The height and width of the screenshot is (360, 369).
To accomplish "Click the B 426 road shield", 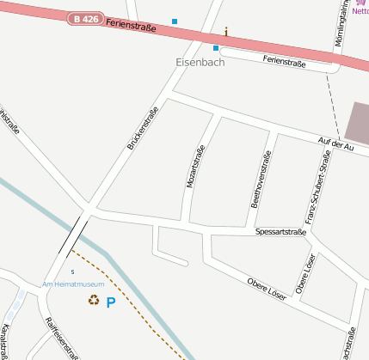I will (84, 18).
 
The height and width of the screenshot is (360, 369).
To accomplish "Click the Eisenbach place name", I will (200, 63).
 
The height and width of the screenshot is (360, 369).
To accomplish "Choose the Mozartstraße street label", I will (196, 168).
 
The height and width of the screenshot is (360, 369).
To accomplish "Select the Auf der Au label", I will (335, 144).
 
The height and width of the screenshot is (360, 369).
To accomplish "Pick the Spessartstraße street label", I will (281, 233).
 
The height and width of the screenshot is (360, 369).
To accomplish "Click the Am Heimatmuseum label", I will (73, 284).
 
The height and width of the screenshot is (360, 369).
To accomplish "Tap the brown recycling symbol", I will (93, 300).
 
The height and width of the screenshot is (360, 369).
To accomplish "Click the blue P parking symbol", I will (110, 302).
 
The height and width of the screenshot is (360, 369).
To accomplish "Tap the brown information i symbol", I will (226, 32).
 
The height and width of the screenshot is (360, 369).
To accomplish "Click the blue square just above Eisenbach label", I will (216, 48).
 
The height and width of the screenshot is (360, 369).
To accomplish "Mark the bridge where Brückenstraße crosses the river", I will (75, 235).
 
